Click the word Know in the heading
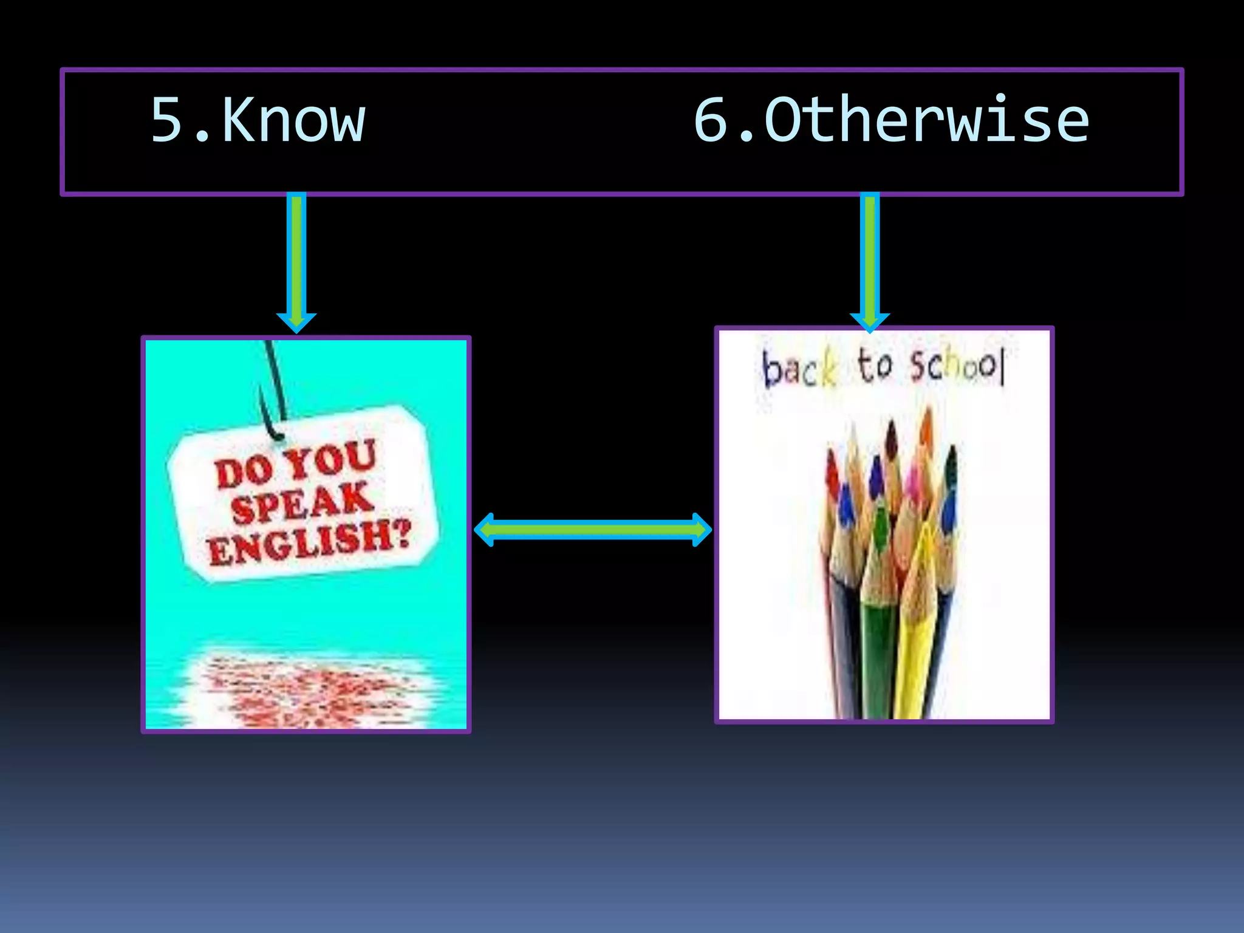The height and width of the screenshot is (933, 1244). [x=294, y=120]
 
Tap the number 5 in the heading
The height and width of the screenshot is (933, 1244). [x=167, y=120]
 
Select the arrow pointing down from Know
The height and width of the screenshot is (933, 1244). [x=296, y=261]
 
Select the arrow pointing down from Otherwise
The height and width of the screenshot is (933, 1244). [x=870, y=261]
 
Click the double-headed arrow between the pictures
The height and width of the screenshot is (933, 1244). [x=592, y=530]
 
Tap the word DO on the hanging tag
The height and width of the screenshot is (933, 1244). [x=243, y=471]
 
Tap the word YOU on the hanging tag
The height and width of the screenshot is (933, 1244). [x=332, y=459]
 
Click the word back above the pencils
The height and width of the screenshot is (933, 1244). [x=799, y=369]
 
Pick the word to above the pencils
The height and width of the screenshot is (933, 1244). [x=875, y=366]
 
